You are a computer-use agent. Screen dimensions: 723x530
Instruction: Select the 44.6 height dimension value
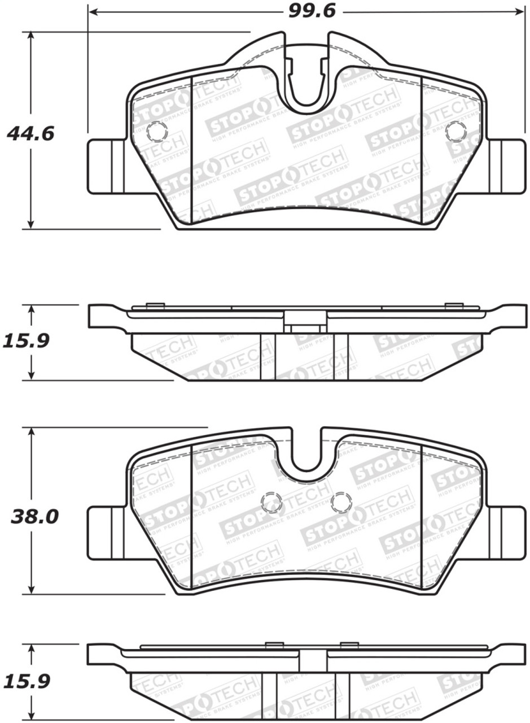(x=30, y=134)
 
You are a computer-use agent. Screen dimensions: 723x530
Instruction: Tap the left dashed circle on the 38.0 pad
(x=272, y=502)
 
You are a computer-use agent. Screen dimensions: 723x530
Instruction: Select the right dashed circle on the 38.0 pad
(x=341, y=502)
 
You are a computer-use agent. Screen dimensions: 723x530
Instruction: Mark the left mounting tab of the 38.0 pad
(x=106, y=531)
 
